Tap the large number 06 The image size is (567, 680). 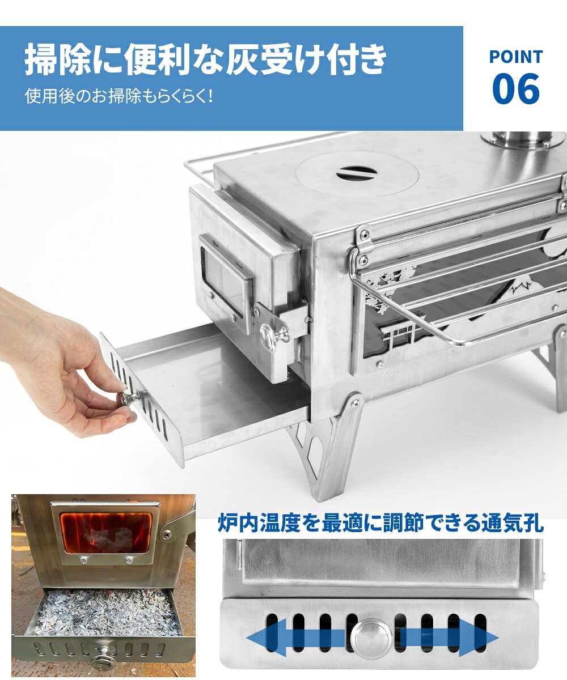pyautogui.click(x=516, y=88)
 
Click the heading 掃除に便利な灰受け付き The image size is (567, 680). pyautogui.click(x=206, y=60)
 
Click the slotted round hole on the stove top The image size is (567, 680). pyautogui.click(x=357, y=173)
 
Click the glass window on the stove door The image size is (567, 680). pyautogui.click(x=222, y=282)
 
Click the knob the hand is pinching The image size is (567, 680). pyautogui.click(x=129, y=398)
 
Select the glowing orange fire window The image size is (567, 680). pyautogui.click(x=105, y=533)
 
